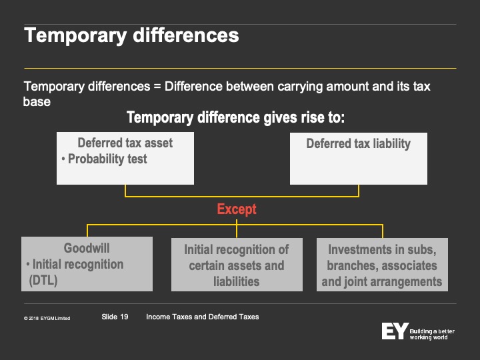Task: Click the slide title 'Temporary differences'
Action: click(131, 36)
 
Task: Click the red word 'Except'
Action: click(237, 209)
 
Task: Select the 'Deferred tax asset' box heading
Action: click(125, 143)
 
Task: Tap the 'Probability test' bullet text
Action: click(107, 159)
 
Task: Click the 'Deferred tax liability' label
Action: click(359, 143)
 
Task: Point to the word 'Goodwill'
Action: click(87, 248)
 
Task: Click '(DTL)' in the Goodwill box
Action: click(43, 281)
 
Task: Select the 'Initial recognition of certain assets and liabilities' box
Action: click(237, 265)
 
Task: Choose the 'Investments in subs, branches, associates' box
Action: click(382, 265)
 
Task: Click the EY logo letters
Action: click(395, 331)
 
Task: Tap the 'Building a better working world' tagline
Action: click(432, 334)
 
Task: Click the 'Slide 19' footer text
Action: click(115, 317)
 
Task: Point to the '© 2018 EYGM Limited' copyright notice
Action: click(47, 319)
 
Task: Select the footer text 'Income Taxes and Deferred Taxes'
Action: click(203, 317)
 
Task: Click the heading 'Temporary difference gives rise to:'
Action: click(236, 117)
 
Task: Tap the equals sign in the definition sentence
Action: click(157, 87)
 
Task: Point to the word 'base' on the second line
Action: click(37, 101)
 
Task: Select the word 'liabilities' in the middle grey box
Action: click(236, 281)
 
